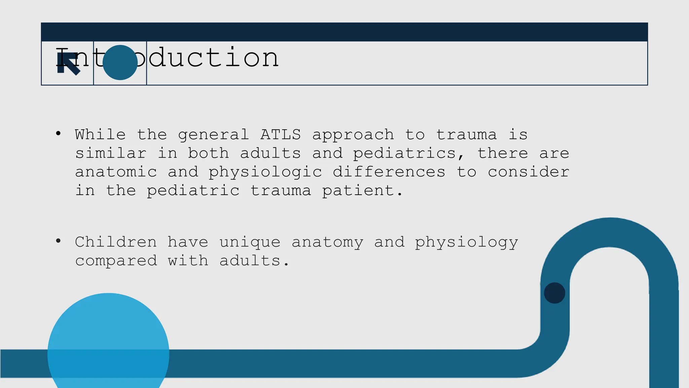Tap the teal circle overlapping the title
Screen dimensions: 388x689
pos(120,63)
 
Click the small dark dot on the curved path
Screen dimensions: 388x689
pos(554,293)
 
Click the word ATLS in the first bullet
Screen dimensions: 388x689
pos(280,135)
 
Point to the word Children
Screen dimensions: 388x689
pos(116,242)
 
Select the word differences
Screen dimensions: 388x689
pos(389,172)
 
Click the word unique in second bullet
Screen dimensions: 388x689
pos(250,243)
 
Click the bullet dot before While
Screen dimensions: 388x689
pos(58,134)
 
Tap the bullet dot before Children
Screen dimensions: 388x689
pos(58,241)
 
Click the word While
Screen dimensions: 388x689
pos(100,135)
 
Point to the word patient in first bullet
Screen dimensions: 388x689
pos(362,191)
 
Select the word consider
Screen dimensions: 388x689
pos(529,172)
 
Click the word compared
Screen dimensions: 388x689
pos(116,261)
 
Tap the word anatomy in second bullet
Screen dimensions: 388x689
pos(327,243)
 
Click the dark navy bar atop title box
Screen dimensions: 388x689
pos(344,32)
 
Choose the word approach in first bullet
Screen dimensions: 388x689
pos(353,135)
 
